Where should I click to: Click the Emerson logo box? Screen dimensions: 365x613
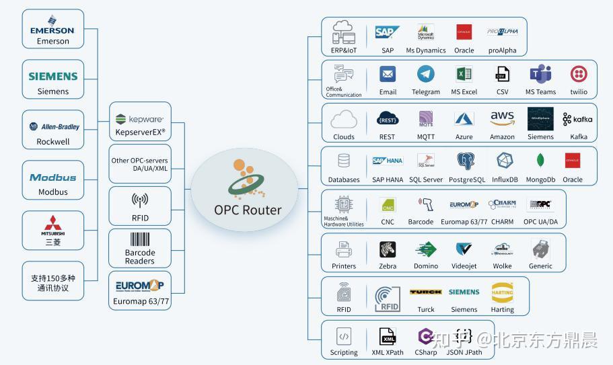(x=53, y=29)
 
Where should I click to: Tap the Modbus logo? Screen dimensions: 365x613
(x=53, y=177)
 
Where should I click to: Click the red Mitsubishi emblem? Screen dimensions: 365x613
(x=53, y=224)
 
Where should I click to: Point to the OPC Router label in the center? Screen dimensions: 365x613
(x=248, y=209)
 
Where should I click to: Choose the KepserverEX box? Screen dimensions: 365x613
(x=140, y=122)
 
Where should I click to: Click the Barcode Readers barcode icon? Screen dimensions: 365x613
(x=140, y=240)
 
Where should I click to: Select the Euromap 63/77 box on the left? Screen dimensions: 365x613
(x=140, y=290)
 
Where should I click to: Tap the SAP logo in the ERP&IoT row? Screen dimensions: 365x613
(x=388, y=32)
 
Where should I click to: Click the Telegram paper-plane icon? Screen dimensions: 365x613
(x=425, y=74)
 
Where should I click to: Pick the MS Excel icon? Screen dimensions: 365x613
(x=464, y=74)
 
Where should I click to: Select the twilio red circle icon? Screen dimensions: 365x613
(x=578, y=74)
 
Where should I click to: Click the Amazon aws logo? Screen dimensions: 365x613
(x=502, y=118)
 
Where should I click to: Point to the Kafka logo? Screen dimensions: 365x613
(x=578, y=119)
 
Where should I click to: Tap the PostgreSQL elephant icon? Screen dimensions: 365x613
(x=466, y=161)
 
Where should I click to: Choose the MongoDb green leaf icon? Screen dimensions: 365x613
(x=540, y=161)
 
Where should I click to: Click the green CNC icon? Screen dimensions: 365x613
(x=388, y=205)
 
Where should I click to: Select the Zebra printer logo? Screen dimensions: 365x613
(x=388, y=250)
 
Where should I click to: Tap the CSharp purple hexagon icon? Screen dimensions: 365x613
(x=425, y=336)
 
